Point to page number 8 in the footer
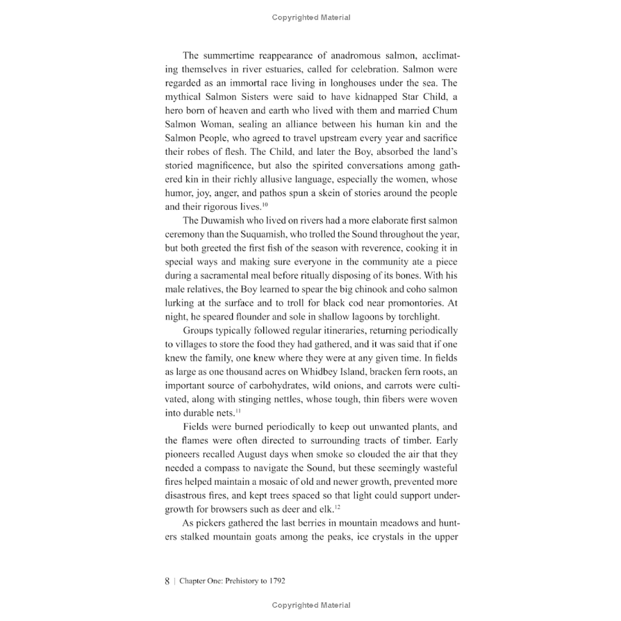(167, 581)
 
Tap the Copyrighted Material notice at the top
(310, 17)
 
